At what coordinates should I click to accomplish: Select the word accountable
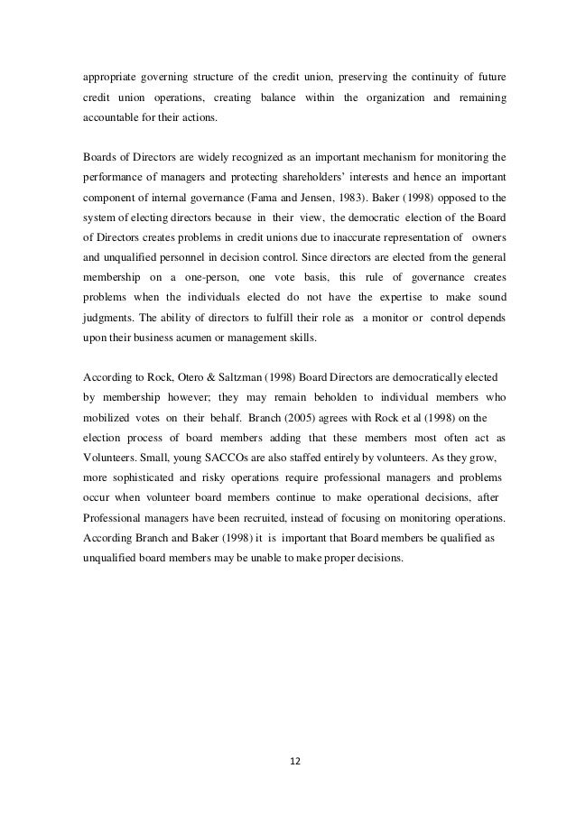pyautogui.click(x=107, y=119)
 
